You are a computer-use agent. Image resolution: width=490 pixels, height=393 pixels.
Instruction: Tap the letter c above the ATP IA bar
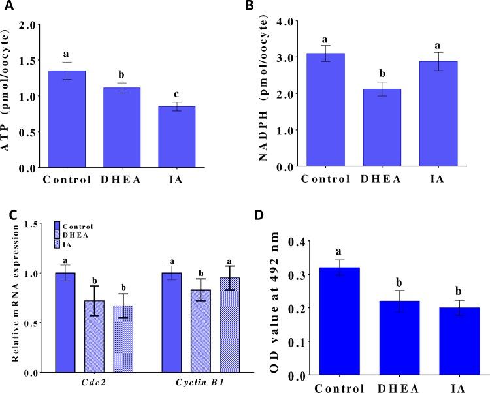(x=167, y=91)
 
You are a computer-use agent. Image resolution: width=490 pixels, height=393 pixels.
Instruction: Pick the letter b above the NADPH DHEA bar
(x=372, y=74)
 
